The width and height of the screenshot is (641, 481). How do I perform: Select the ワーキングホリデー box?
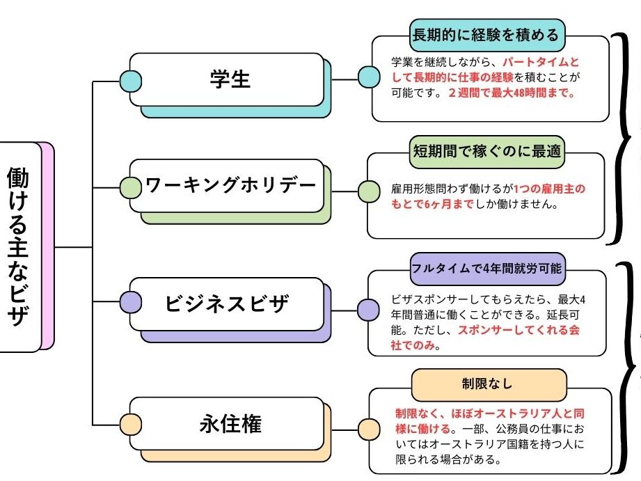230,187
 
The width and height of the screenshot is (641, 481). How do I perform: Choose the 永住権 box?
229,423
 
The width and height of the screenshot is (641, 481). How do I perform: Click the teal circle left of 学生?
130,80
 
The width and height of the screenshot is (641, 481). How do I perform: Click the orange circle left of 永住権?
130,424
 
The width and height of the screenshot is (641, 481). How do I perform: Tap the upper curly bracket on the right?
621,136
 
